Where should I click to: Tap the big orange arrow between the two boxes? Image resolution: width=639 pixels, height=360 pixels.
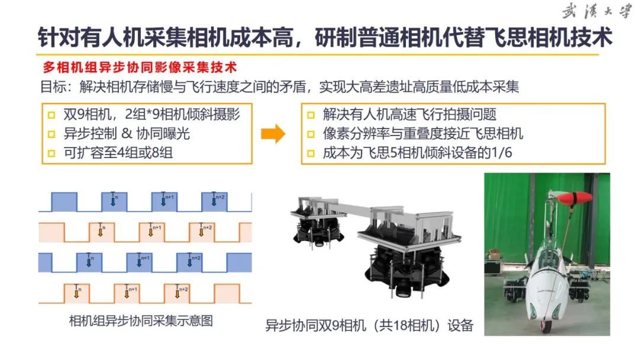273,134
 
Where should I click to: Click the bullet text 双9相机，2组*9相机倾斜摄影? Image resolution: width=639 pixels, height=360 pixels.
152,114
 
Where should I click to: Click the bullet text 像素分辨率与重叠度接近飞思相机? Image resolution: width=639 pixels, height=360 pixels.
423,134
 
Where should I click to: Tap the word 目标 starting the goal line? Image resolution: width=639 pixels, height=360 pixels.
52,87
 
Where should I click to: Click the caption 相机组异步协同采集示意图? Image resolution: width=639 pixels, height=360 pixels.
140,322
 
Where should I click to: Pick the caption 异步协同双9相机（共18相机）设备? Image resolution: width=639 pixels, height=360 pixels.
369,325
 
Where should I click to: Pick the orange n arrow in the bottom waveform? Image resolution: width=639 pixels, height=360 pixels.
76,292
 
